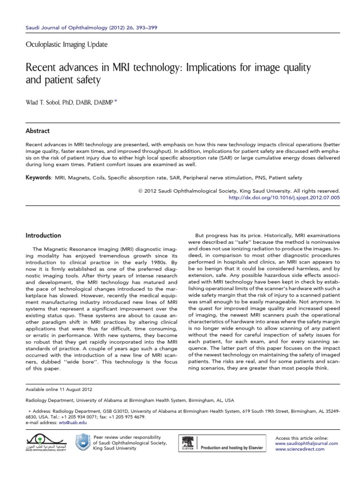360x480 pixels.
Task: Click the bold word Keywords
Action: point(37,178)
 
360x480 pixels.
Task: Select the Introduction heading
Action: point(43,235)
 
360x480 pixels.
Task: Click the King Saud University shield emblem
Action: point(82,442)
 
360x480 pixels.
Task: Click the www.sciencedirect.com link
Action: point(306,449)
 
